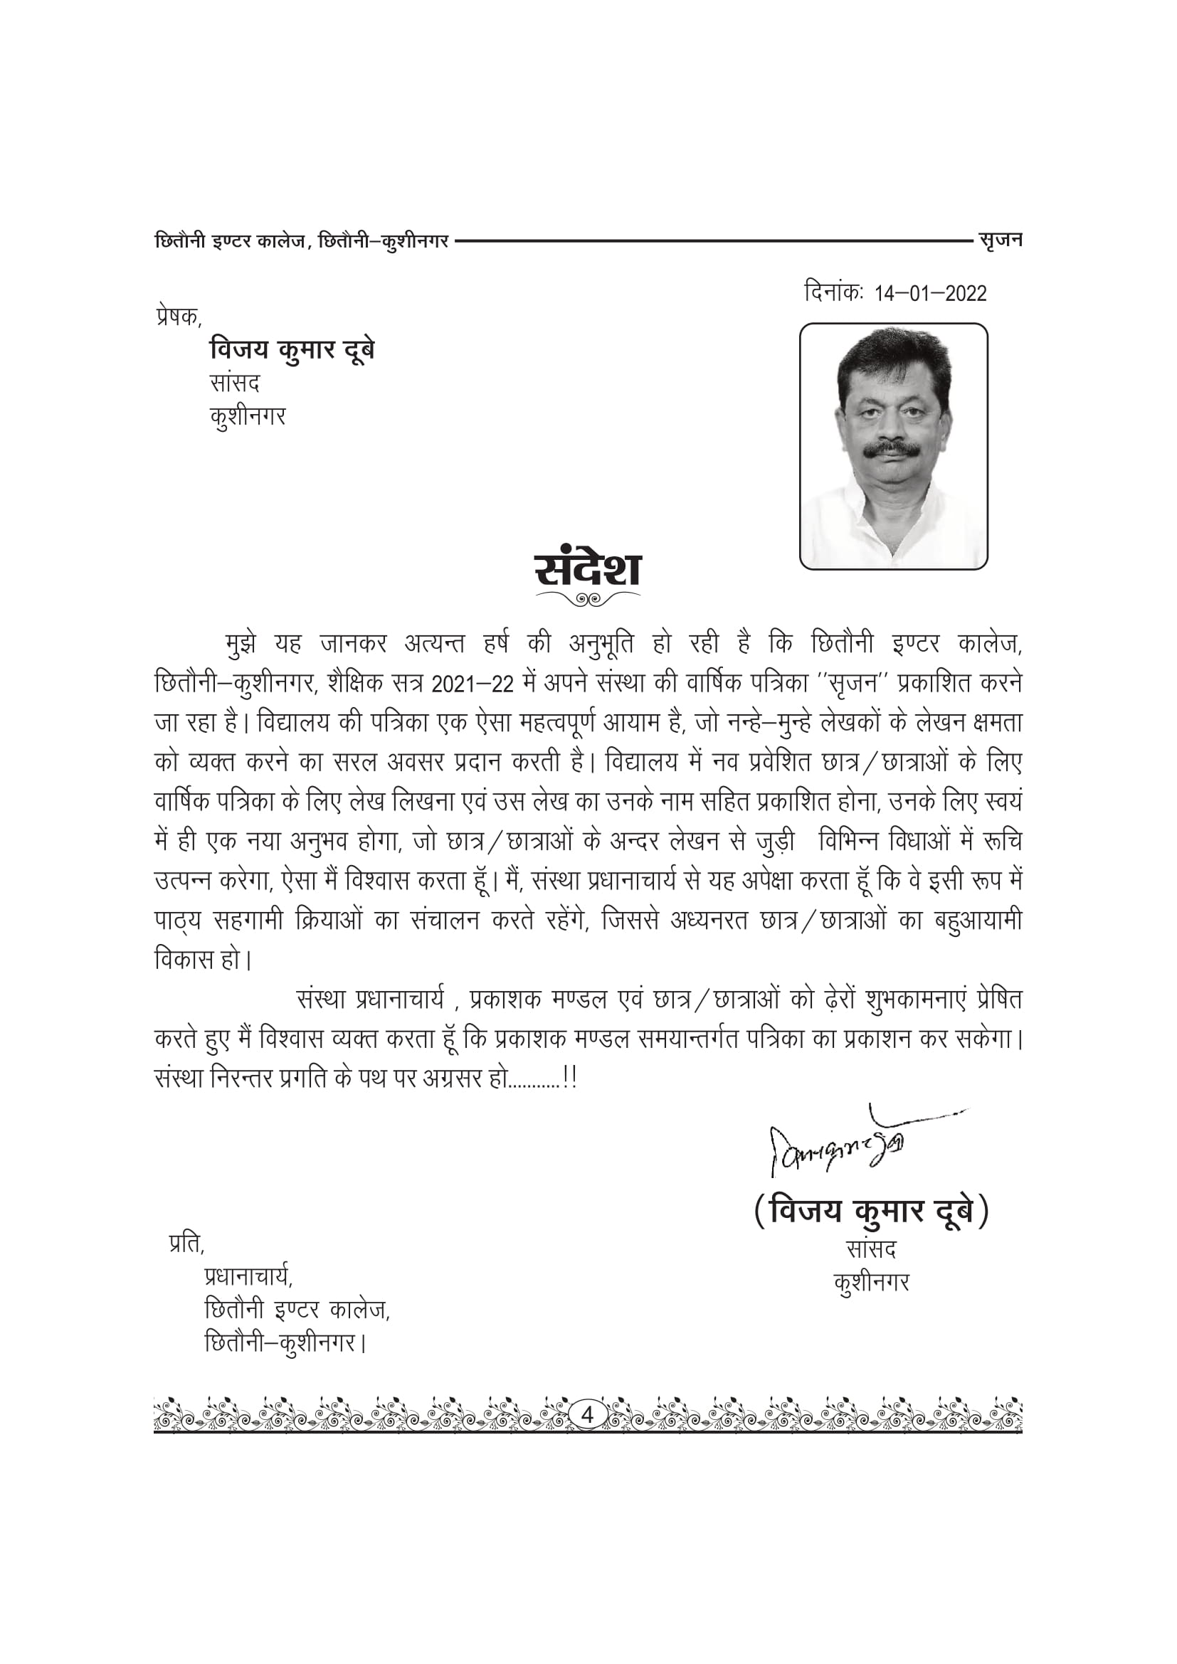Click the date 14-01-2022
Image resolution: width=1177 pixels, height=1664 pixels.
tap(931, 294)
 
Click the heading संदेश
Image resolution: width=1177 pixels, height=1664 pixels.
tap(588, 570)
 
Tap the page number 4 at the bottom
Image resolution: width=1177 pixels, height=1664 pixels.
tap(588, 1414)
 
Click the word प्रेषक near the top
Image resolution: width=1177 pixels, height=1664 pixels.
tap(178, 317)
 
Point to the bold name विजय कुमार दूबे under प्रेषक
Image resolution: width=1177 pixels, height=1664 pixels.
tap(292, 351)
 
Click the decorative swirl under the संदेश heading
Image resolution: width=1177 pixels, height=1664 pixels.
tap(588, 598)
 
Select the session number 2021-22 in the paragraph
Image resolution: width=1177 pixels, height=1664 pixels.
tap(477, 684)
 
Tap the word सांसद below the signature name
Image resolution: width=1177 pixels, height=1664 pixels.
tap(870, 1249)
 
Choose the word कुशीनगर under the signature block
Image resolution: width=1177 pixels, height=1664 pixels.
tap(870, 1283)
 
